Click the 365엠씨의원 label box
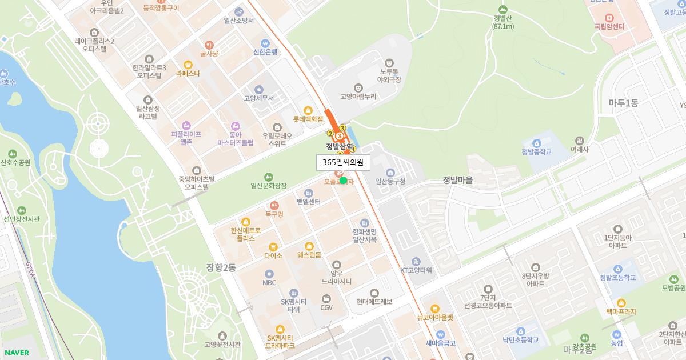343,162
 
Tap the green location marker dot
343,181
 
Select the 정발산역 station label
340,146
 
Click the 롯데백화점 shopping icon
308,110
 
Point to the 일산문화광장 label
268,185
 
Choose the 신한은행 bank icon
265,43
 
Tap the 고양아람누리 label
358,97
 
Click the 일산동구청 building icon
390,173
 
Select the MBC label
269,282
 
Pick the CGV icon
326,299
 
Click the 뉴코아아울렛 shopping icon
434,309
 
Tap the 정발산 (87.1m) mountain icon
503,9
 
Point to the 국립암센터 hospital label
608,26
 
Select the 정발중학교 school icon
536,143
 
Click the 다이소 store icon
273,247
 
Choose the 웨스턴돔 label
309,255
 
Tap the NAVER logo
16,353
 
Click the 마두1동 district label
623,103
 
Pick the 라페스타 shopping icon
188,65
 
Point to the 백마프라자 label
621,311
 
